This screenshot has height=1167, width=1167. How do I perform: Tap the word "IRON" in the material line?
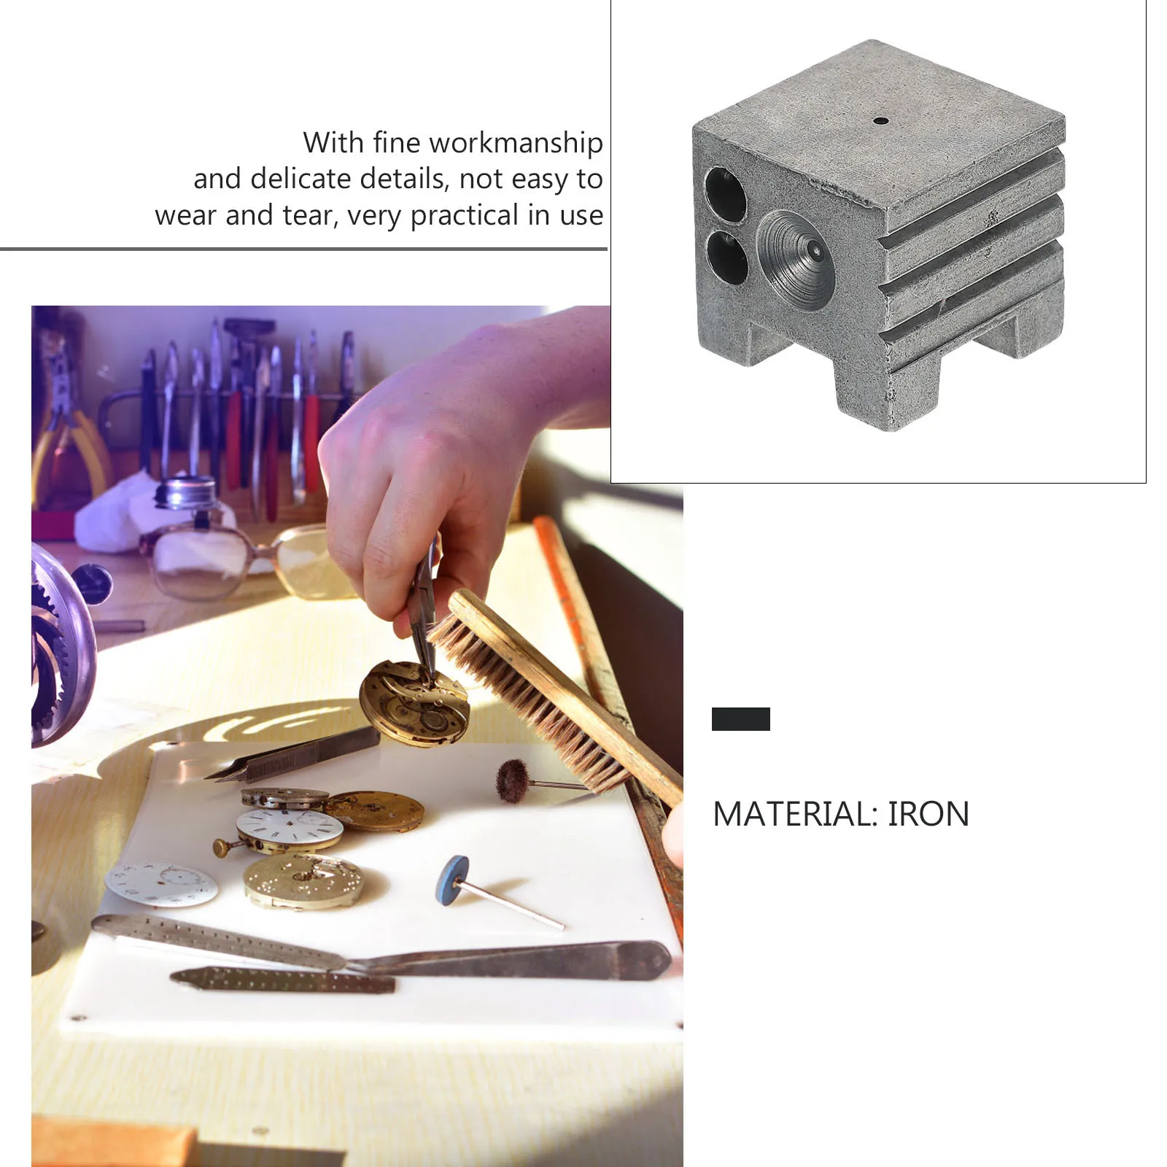(x=928, y=814)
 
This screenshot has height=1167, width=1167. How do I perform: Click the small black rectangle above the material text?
(x=740, y=719)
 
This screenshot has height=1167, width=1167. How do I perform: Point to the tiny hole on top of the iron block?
(x=880, y=120)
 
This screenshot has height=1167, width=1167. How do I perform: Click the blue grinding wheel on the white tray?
(x=454, y=880)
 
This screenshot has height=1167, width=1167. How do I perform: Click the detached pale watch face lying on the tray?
(x=161, y=884)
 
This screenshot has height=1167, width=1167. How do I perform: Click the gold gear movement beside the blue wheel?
(x=303, y=881)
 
